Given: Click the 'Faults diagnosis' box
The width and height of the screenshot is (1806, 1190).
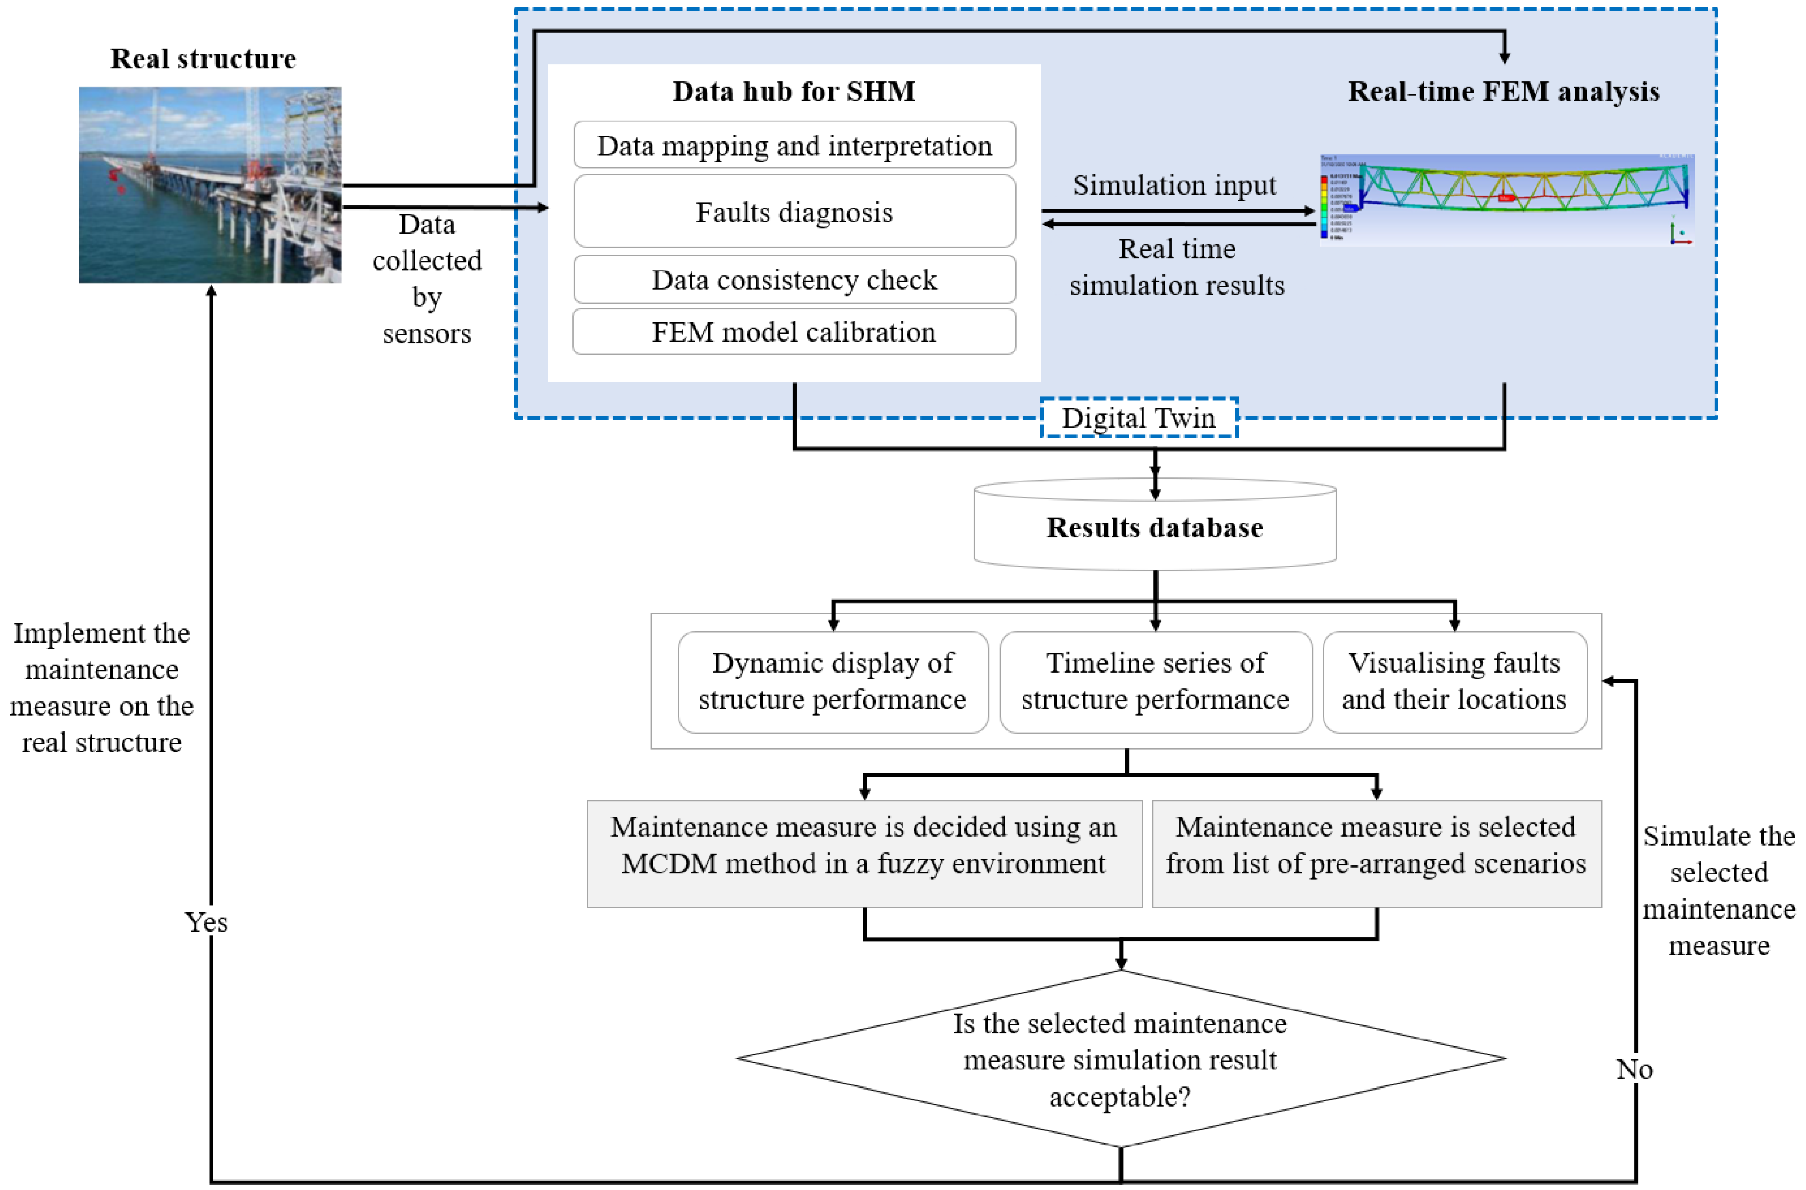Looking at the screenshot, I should (x=795, y=212).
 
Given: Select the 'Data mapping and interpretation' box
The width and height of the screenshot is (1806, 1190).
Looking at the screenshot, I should (x=795, y=145).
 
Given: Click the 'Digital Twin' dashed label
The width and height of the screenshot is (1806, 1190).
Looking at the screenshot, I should (x=1138, y=418).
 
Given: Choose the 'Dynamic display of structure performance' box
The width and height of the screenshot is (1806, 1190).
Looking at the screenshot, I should (x=832, y=681).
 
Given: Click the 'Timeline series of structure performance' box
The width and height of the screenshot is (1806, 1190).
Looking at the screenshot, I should (x=1155, y=681).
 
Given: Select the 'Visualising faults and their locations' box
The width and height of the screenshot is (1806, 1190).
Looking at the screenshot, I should (x=1454, y=681).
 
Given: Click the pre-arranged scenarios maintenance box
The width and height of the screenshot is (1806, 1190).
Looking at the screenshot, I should (x=1376, y=853).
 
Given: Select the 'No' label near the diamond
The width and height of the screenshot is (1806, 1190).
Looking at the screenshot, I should (x=1634, y=1069).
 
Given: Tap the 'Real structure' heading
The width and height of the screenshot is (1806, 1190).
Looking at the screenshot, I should (x=203, y=59).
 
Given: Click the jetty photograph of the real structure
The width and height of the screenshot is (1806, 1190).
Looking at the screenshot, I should (x=210, y=184).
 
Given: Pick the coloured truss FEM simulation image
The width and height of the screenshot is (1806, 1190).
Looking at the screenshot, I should (x=1506, y=199).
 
